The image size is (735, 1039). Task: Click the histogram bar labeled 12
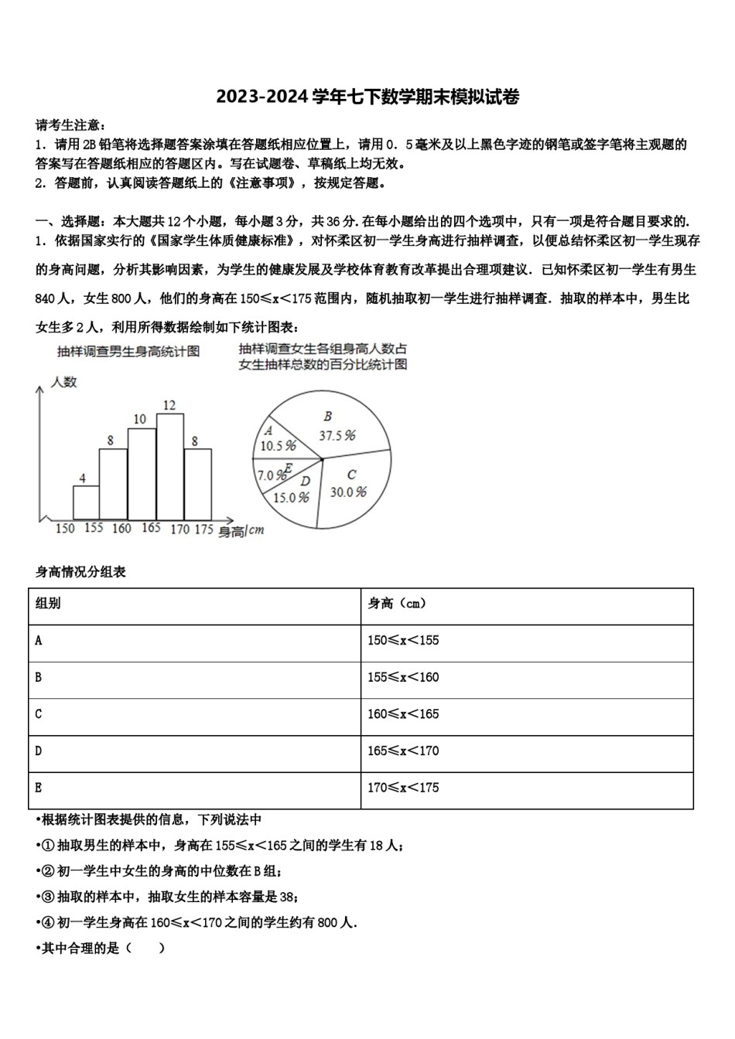pos(170,466)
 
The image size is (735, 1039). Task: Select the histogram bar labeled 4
pos(86,502)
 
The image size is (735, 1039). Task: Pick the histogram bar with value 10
pos(142,473)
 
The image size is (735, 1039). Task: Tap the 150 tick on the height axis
pos(66,528)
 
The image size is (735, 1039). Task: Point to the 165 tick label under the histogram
pos(152,528)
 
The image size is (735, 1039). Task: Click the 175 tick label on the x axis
pos(203,529)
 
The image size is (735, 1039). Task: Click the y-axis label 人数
pos(63,382)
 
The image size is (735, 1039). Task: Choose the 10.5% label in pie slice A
pos(279,446)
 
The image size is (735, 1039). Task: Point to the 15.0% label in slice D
pos(291,497)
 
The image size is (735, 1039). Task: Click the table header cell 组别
pos(48,604)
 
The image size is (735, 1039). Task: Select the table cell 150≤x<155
pos(402,641)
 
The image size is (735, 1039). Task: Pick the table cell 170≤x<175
pos(402,788)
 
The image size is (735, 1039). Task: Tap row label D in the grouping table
pos(39,751)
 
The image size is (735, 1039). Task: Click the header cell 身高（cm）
pos(396,604)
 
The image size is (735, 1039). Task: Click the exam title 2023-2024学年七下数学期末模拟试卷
pos(367,97)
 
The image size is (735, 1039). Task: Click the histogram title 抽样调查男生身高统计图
pos(128,352)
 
